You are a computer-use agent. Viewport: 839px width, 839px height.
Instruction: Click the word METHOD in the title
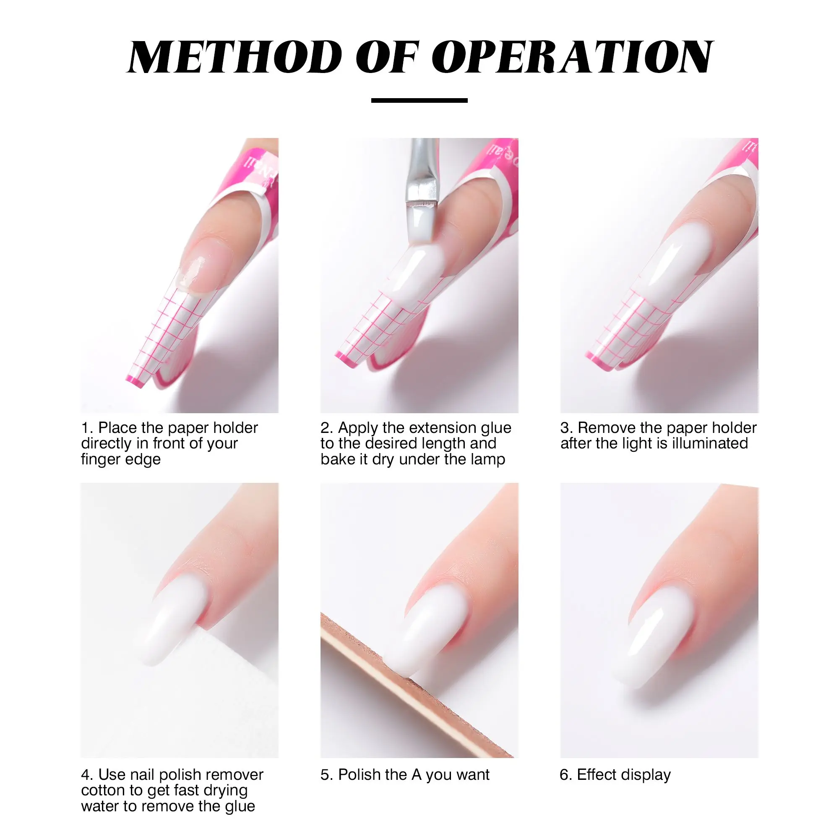point(235,57)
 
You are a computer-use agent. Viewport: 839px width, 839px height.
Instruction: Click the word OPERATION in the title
point(572,57)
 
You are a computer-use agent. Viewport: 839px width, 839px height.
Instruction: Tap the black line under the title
point(419,100)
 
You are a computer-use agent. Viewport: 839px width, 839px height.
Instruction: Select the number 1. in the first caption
point(87,428)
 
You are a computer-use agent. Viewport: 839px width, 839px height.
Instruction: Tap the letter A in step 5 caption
point(416,775)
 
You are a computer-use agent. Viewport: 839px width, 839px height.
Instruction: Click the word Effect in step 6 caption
point(597,775)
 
